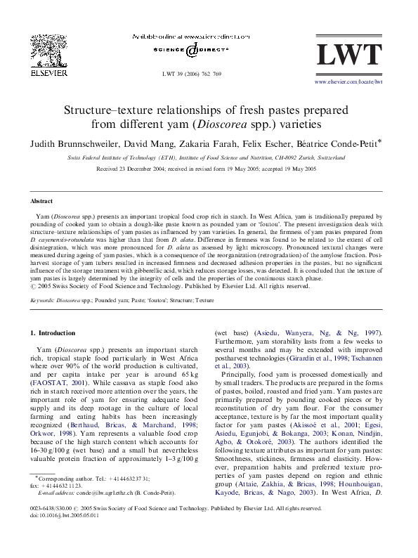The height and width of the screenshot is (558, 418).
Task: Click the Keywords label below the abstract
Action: [43, 299]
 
